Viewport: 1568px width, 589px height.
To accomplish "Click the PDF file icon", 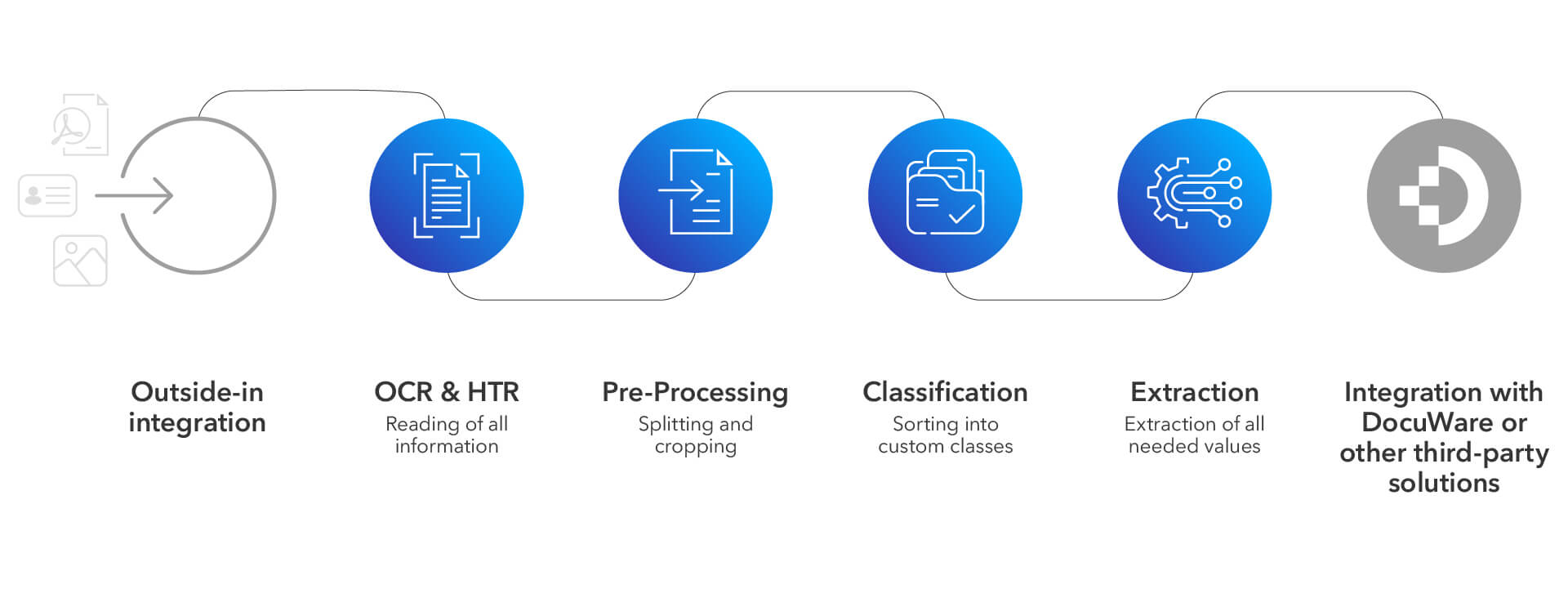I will pos(81,125).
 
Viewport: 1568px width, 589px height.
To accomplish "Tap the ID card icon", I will pos(47,195).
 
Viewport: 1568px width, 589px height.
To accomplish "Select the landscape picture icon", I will pos(80,261).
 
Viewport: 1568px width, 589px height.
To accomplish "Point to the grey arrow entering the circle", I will pos(135,196).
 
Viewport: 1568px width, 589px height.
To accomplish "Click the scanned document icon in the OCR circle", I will pos(447,196).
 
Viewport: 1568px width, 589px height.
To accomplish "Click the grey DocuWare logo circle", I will pos(1443,195).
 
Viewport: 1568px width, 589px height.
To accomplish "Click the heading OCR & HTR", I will pos(447,392).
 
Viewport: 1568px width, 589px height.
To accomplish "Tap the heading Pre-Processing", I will pos(695,393).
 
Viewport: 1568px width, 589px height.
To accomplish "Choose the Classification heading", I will pos(945,392).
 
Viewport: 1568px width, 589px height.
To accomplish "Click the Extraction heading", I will pos(1194,392).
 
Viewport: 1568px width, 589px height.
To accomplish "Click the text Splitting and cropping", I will pos(695,435).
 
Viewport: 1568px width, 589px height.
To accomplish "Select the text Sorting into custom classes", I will pos(945,435).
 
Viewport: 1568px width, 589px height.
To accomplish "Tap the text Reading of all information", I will pos(447,435).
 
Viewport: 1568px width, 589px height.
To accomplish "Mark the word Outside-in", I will pos(197,392).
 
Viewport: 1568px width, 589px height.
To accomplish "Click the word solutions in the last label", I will pos(1443,483).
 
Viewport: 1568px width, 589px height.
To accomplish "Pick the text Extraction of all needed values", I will pos(1194,435).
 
